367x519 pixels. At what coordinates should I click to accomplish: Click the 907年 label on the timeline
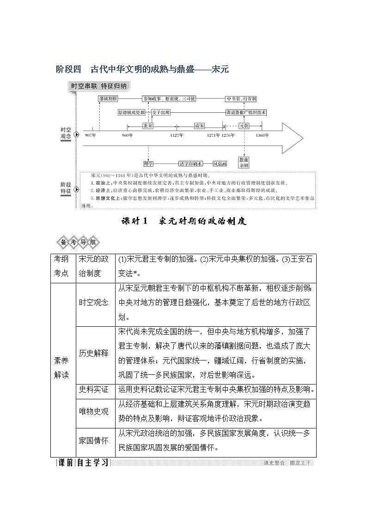coord(91,135)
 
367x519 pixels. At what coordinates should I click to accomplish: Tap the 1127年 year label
coord(177,135)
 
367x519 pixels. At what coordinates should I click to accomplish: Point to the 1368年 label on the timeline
coord(262,135)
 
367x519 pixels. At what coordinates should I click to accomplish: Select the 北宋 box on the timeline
coord(148,125)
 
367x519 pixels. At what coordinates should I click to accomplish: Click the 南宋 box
coord(200,125)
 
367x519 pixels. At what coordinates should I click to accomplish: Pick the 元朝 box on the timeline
coord(244,125)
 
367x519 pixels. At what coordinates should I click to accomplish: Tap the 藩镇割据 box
coord(108,99)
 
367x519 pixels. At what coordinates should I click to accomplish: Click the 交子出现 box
coord(161,112)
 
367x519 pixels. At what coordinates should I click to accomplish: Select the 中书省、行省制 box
coord(241,99)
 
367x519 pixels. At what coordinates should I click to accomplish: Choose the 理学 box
coord(148,164)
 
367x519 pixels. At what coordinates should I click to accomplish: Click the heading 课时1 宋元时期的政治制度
coord(184,221)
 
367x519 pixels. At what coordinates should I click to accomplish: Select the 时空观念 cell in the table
coord(94,302)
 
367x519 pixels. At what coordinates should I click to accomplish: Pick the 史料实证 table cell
coord(94,389)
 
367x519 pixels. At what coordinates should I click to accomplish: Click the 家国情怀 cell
coord(94,440)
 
